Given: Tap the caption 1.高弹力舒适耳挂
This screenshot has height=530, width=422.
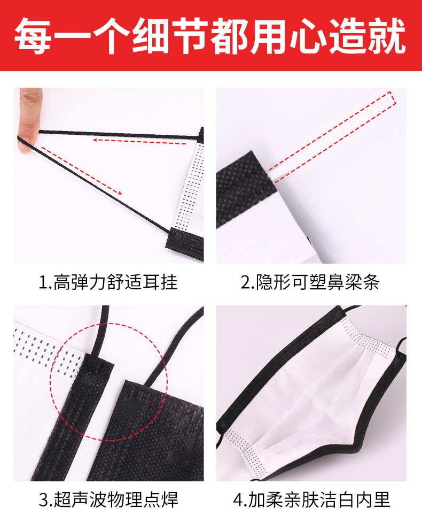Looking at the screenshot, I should (108, 282).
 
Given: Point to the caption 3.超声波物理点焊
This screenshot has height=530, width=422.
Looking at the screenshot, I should (108, 500).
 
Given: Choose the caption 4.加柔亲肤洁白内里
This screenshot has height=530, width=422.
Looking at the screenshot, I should (312, 500).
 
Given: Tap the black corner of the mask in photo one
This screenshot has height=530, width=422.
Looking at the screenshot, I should (187, 243).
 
